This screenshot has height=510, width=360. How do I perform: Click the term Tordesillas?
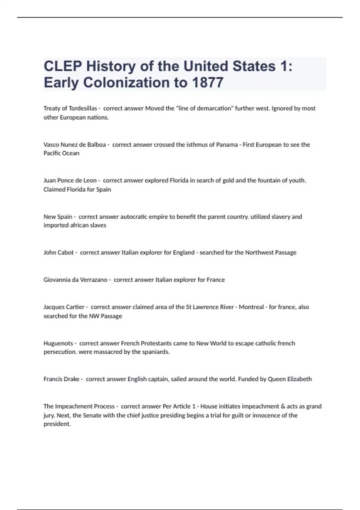point(83,108)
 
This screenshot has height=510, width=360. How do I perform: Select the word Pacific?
point(52,153)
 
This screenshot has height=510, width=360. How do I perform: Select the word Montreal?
point(251,307)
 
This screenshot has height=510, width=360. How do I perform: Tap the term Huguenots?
point(58,343)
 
